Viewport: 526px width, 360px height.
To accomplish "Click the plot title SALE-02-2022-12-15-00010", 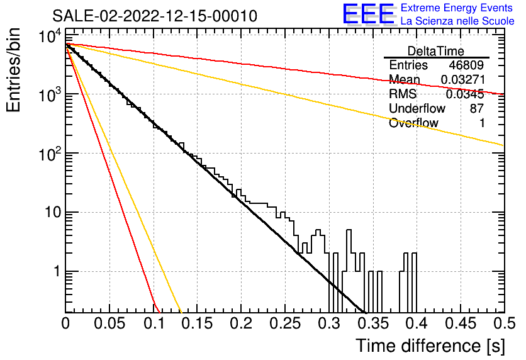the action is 155,16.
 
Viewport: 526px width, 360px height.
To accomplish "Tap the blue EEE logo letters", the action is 368,14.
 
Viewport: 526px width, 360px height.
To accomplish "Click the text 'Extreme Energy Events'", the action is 457,8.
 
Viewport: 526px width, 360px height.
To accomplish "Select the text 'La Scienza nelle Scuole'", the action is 457,21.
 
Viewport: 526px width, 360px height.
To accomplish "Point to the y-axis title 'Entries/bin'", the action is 13,70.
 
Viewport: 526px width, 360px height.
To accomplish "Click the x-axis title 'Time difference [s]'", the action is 430,346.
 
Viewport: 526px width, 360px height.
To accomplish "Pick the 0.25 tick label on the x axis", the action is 285,323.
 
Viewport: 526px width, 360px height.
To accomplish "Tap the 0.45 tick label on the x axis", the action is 461,323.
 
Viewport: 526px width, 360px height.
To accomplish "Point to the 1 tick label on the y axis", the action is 57,271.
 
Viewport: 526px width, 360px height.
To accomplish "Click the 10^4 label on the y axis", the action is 50,36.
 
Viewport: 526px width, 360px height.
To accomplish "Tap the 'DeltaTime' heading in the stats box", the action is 436,51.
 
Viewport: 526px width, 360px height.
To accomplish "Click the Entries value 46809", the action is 466,65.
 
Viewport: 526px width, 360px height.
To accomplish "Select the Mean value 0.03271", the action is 462,79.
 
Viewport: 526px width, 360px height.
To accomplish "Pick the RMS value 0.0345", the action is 465,94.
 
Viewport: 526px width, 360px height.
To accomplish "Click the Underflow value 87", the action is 477,108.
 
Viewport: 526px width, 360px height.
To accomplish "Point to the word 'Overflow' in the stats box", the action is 413,123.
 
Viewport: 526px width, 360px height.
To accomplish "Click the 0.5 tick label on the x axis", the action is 505,323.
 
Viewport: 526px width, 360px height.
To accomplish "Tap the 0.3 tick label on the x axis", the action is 330,323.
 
